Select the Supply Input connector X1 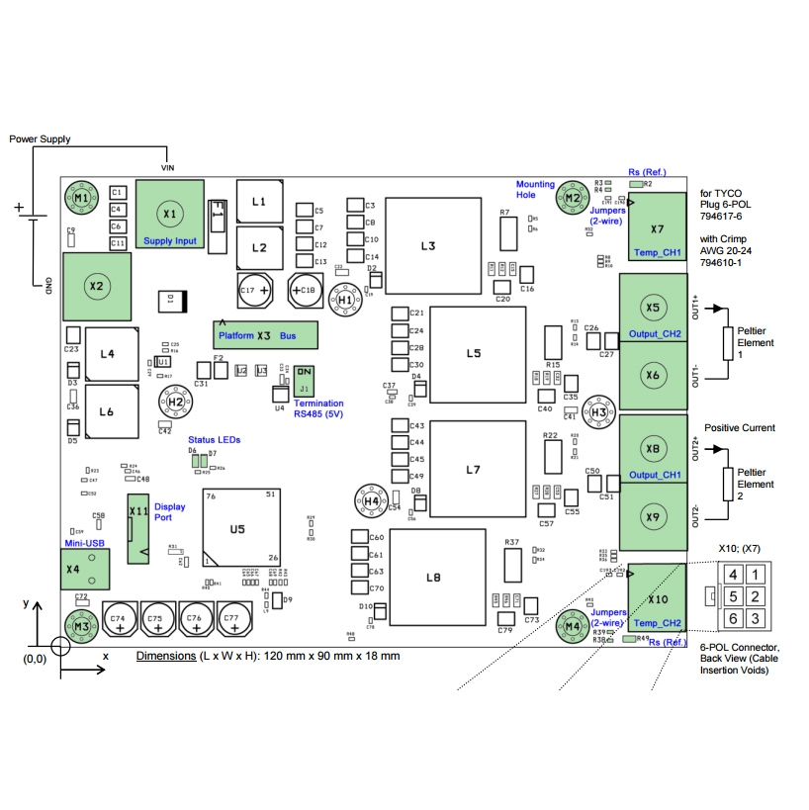pyautogui.click(x=169, y=214)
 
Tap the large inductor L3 pyautogui.click(x=427, y=246)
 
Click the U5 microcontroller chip pyautogui.click(x=237, y=530)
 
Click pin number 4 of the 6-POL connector pyautogui.click(x=733, y=575)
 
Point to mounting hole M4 pyautogui.click(x=572, y=625)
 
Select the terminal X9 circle pyautogui.click(x=653, y=516)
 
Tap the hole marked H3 pyautogui.click(x=598, y=412)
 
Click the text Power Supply pyautogui.click(x=41, y=139)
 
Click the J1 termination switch pyautogui.click(x=305, y=380)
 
